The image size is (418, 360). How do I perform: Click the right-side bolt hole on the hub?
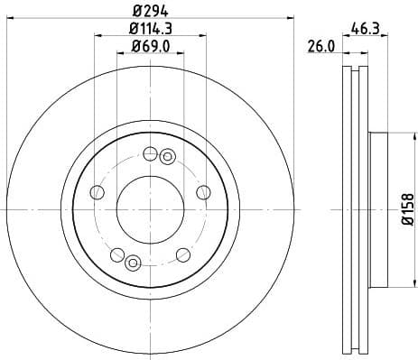coord(203,191)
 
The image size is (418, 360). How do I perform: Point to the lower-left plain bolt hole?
coord(116,254)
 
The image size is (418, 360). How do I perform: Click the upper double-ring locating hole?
coord(166,157)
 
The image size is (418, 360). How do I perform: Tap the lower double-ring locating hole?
coord(134,263)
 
